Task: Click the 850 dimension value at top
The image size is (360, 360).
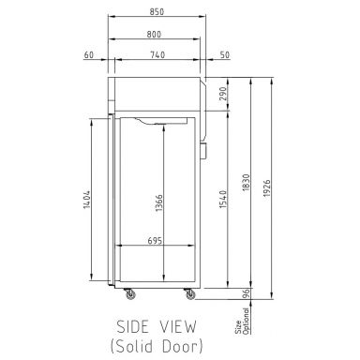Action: (156, 12)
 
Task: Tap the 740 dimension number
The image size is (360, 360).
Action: (157, 55)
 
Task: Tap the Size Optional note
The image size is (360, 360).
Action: (232, 326)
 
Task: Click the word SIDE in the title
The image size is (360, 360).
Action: (133, 327)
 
